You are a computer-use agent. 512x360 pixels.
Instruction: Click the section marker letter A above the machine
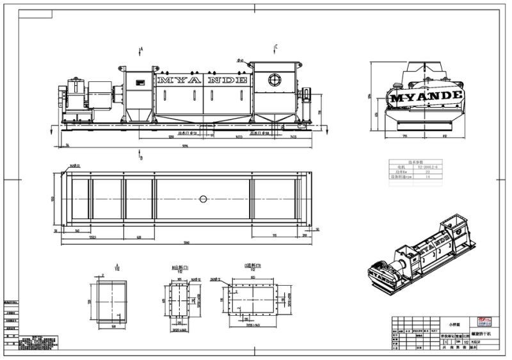tap(141, 49)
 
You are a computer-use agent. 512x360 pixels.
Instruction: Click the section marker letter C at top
tap(276, 47)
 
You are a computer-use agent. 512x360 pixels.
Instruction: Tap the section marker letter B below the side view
tap(141, 157)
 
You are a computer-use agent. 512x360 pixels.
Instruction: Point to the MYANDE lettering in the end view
tap(426, 97)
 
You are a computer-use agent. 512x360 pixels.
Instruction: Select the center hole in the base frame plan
tap(203, 199)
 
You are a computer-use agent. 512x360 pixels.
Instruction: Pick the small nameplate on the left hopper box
tap(139, 81)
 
